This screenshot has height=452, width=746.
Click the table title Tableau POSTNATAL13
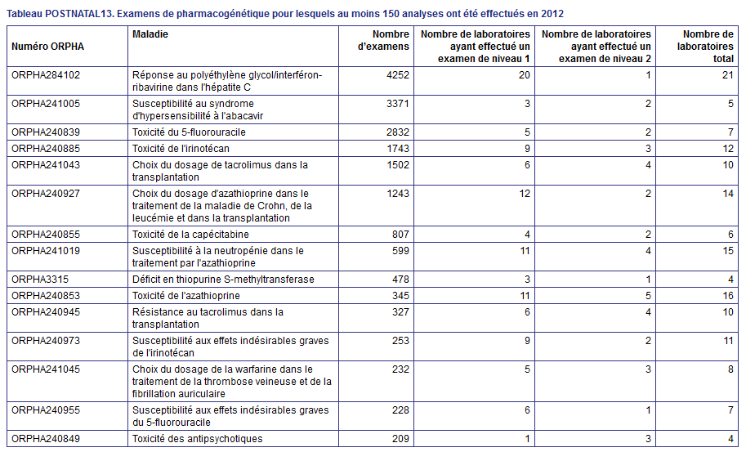[60, 13]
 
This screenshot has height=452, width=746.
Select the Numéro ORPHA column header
[47, 47]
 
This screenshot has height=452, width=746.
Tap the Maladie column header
[150, 34]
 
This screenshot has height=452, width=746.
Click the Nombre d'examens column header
[383, 40]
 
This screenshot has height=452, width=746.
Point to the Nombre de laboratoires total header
[705, 47]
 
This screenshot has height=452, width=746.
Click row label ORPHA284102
[46, 75]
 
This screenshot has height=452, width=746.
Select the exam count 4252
[398, 75]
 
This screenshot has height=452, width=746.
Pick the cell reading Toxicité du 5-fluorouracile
[189, 132]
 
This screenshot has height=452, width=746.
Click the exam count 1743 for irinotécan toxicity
[398, 149]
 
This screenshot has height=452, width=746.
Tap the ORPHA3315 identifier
[40, 280]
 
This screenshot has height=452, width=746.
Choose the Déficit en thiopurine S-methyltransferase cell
[223, 280]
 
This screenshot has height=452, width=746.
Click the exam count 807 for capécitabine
[400, 234]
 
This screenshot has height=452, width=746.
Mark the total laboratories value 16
[728, 295]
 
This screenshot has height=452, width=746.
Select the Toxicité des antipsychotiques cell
[198, 439]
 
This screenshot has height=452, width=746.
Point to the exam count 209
[400, 439]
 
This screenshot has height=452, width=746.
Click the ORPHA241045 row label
[46, 369]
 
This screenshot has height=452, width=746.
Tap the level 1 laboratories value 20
[525, 75]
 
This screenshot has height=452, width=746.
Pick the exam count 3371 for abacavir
[398, 104]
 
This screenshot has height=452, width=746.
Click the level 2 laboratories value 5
[648, 295]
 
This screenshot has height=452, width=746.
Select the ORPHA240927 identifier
[46, 194]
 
